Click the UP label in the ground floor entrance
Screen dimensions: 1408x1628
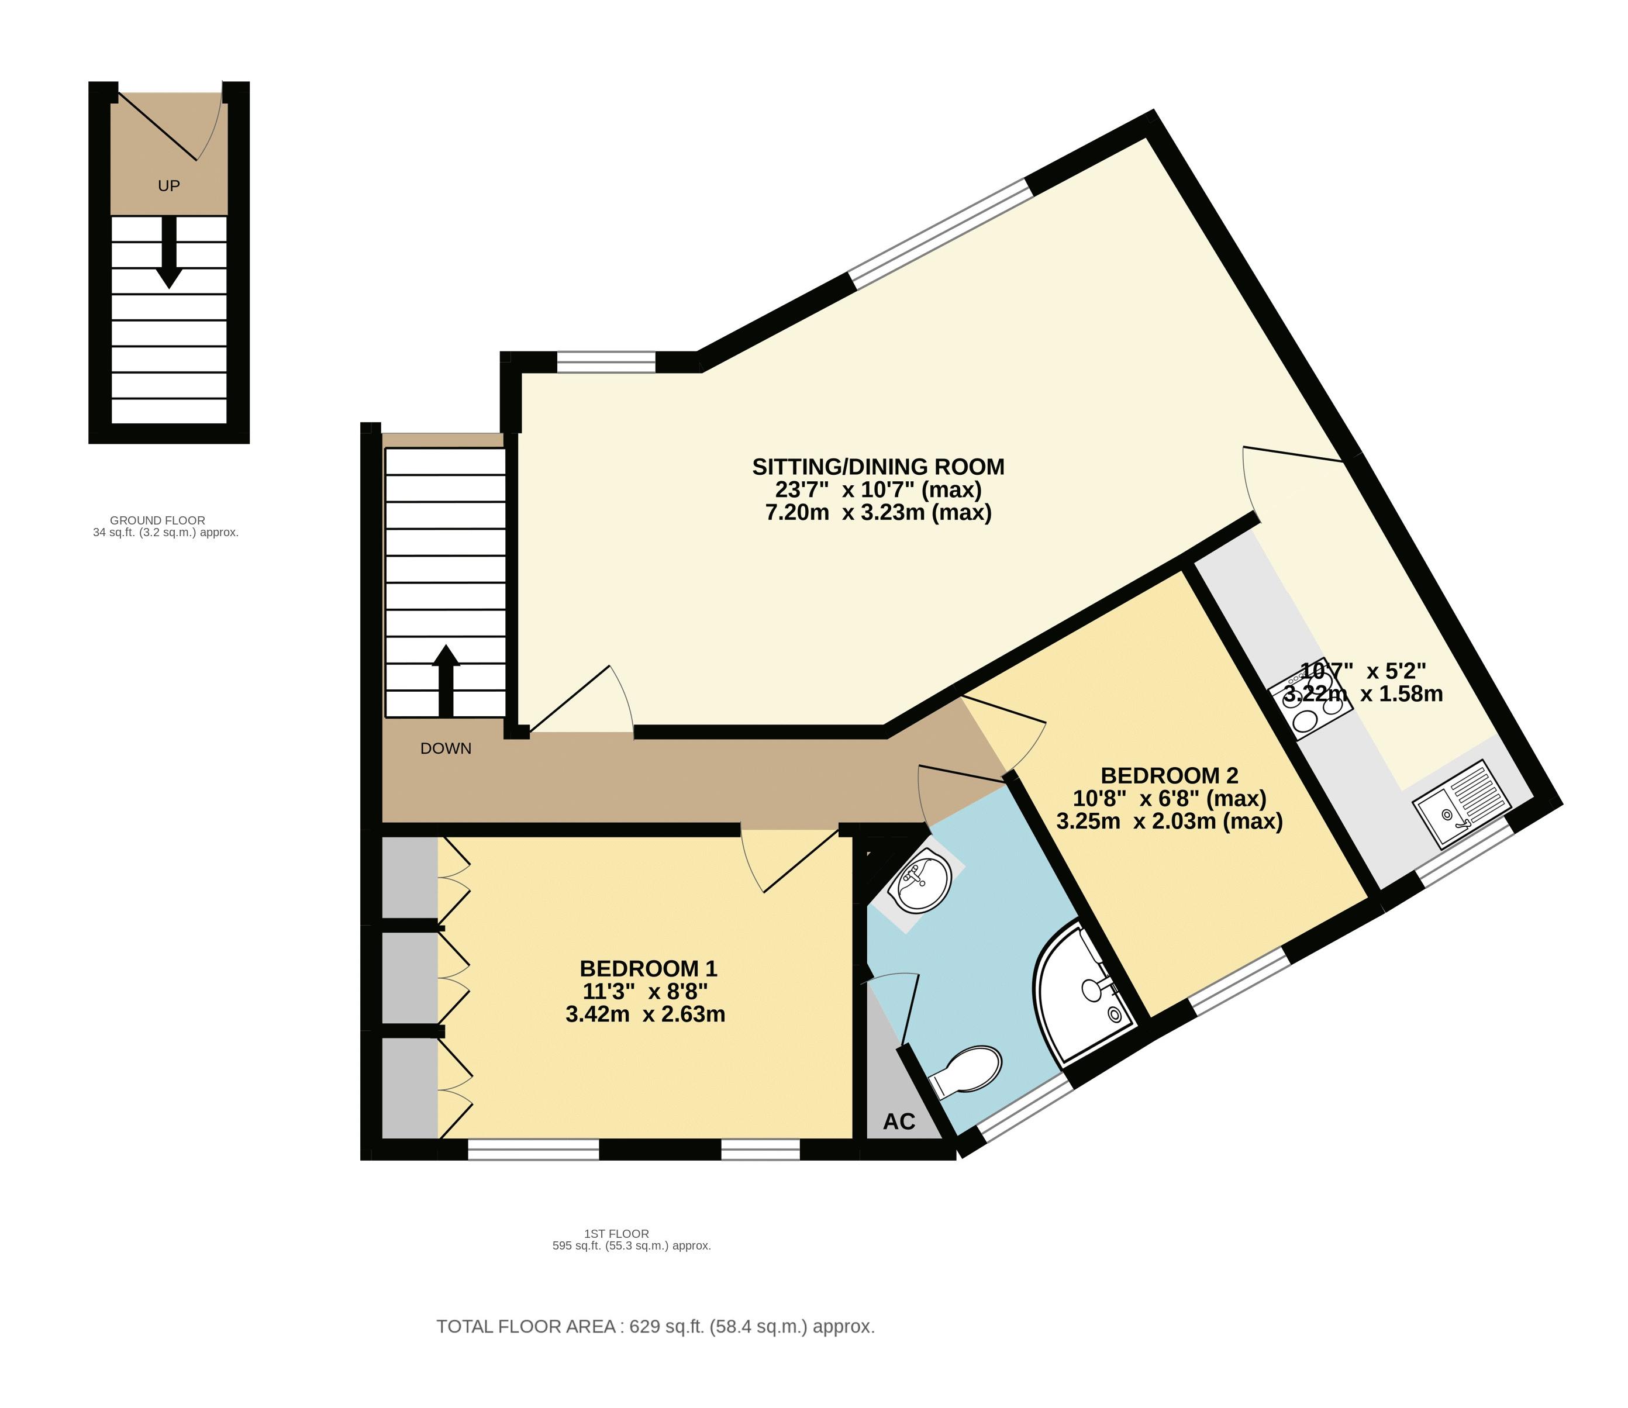coord(169,186)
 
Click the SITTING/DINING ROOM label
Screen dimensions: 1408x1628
coord(878,467)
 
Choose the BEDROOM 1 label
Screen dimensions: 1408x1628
coord(648,968)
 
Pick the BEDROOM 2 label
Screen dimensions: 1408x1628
coord(1168,775)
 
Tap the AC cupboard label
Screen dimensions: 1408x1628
coord(899,1121)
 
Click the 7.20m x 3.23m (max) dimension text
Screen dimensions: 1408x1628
coord(878,513)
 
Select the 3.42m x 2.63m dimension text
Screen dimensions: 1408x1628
coord(645,1014)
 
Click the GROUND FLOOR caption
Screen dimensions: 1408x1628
coord(157,520)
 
